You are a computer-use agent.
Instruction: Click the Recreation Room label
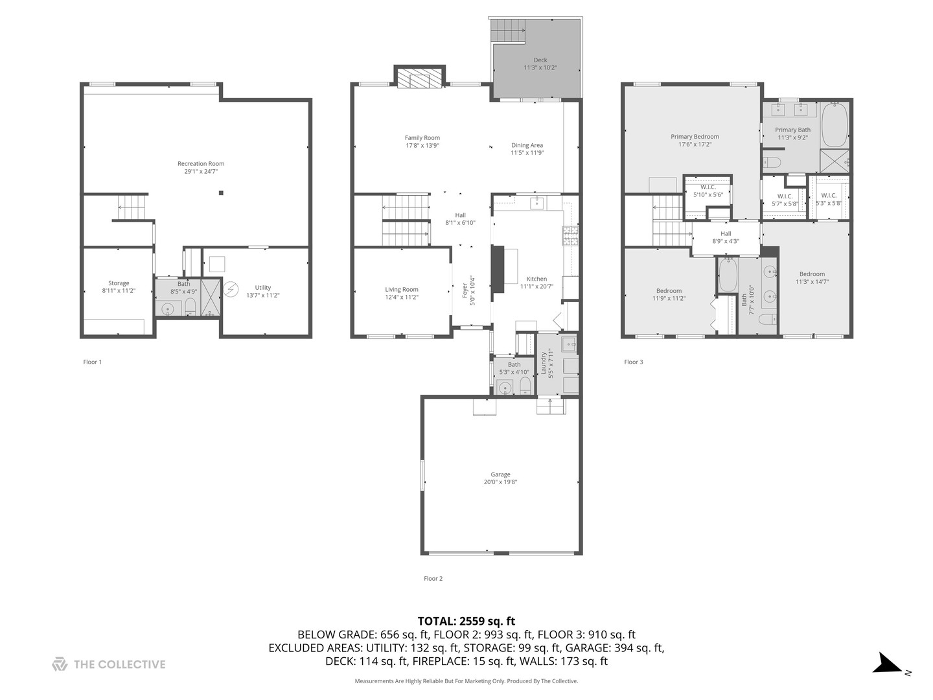[201, 164]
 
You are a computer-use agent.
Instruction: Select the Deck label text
[540, 60]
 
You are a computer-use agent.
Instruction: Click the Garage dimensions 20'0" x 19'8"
[500, 482]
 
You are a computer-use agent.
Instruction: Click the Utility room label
[262, 288]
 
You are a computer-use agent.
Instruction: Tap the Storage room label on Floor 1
[119, 283]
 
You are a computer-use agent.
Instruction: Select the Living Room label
[402, 290]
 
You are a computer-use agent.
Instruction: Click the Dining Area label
[527, 145]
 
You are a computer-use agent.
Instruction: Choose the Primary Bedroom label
[695, 137]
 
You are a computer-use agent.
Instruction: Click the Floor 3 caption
[633, 362]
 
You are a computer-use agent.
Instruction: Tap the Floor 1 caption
[93, 362]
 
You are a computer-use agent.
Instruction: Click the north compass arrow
[886, 664]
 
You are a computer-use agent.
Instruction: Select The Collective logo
[109, 664]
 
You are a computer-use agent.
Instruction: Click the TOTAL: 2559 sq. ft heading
[466, 621]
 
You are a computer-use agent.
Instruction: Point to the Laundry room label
[543, 364]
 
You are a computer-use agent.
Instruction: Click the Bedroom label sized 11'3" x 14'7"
[812, 274]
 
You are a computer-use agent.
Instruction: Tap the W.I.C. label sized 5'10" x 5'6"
[708, 187]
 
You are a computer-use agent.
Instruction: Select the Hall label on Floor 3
[726, 234]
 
